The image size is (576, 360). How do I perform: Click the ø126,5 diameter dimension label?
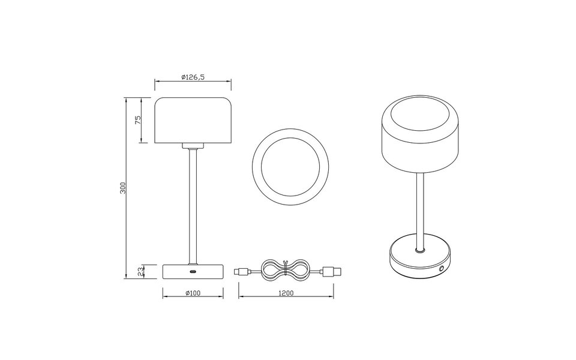pos(193,77)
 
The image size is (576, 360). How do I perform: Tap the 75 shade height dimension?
pos(137,120)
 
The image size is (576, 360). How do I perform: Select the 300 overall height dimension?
pos(122,187)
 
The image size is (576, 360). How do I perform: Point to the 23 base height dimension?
pos(140,271)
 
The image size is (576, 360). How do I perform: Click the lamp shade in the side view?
pos(193,120)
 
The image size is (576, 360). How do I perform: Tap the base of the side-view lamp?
pos(193,271)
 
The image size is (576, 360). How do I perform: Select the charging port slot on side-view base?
pos(193,273)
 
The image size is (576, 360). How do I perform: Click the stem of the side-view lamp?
pos(193,204)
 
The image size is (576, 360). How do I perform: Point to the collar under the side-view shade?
pos(193,146)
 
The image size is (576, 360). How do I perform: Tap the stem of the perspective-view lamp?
pos(420,210)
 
